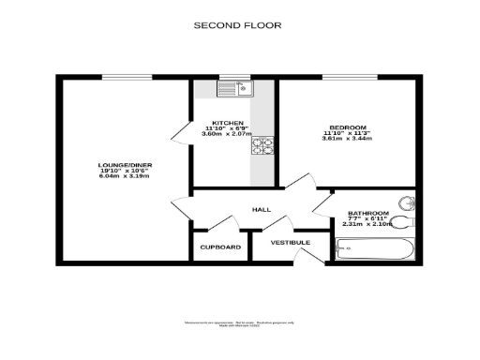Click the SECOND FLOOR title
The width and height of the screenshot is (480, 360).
point(236,25)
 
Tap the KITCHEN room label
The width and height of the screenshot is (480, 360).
point(228,123)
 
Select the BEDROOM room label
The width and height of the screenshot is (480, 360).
point(347,127)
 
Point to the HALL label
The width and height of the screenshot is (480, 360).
point(262,209)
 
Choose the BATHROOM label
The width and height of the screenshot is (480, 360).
point(367,213)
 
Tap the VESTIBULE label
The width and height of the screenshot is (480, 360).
point(290,243)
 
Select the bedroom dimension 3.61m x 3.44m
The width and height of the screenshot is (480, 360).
point(347,139)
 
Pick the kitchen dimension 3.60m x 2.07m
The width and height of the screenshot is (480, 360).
point(228,134)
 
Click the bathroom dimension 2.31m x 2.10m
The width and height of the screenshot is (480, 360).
point(367,224)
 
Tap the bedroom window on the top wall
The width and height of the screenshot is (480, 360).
point(356,77)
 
